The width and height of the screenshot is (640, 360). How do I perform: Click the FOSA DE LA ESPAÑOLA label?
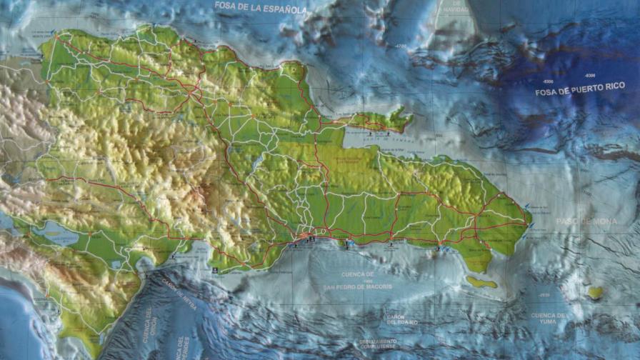261,9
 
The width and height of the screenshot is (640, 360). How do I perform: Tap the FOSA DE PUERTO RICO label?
580,92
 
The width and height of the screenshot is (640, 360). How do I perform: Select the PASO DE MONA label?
586,221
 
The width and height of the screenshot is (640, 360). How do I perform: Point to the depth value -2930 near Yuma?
544,295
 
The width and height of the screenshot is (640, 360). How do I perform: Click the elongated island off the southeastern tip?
481,282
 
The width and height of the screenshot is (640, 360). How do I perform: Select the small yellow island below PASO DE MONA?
594,293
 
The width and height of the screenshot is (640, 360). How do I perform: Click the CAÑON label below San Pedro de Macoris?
396,317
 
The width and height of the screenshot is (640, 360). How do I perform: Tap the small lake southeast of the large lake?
116,265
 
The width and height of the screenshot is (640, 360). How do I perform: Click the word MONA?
604,221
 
